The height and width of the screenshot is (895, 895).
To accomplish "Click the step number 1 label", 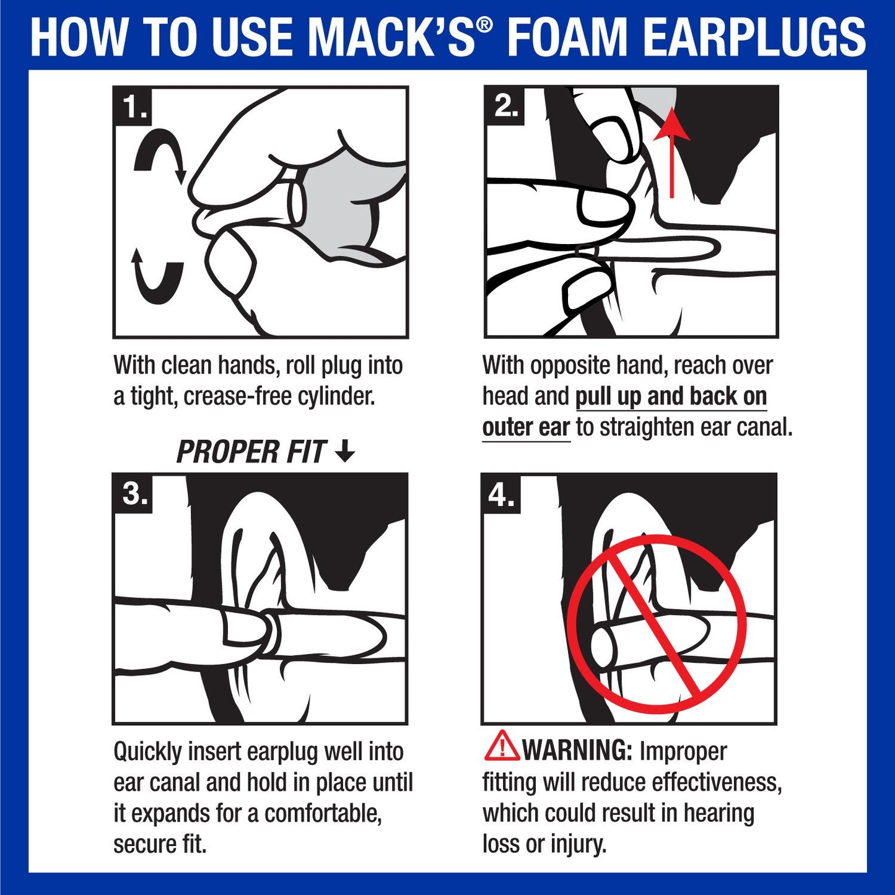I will point(133,107).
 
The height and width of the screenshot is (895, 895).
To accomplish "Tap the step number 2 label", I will point(504,107).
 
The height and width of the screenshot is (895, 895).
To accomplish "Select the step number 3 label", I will point(133,494).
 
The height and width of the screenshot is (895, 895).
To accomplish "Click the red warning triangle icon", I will point(501,747).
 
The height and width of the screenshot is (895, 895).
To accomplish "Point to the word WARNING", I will point(577,751).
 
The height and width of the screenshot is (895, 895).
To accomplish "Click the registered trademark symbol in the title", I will point(486,25).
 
